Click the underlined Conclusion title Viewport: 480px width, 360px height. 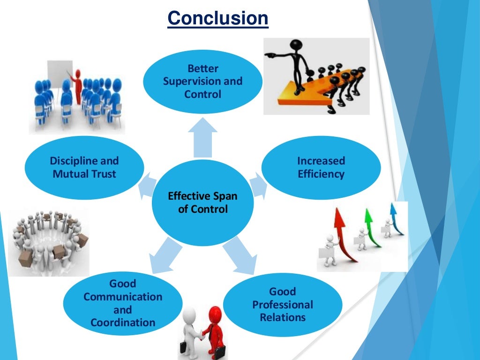point(218,18)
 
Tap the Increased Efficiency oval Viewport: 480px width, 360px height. point(321,168)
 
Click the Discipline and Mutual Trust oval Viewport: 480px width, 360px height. point(84,168)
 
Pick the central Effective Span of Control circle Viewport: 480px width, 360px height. point(202,202)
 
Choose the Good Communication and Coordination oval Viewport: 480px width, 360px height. point(122,303)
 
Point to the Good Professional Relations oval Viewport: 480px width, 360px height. point(283,305)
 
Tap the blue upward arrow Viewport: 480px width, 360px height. point(395,217)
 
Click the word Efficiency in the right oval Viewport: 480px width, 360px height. point(321,174)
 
